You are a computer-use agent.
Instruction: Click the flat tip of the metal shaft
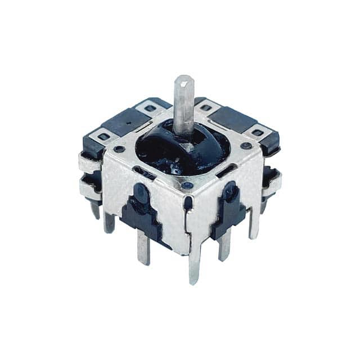click(x=184, y=80)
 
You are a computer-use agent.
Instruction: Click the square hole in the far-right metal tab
click(x=257, y=133)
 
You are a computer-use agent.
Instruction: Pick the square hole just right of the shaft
click(x=204, y=104)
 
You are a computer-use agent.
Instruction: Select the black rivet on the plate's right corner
click(x=245, y=145)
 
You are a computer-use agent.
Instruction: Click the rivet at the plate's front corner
click(x=186, y=184)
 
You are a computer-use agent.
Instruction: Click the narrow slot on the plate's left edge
click(x=145, y=175)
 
